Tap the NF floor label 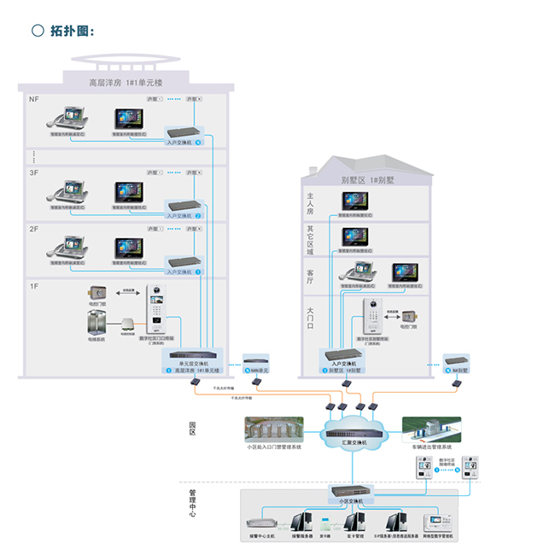[34, 99]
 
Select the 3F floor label [34, 172]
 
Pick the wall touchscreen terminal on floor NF [127, 120]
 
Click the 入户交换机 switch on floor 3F [185, 206]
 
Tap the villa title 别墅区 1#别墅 [365, 180]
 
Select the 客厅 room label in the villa [310, 273]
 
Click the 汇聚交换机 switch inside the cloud [353, 432]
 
